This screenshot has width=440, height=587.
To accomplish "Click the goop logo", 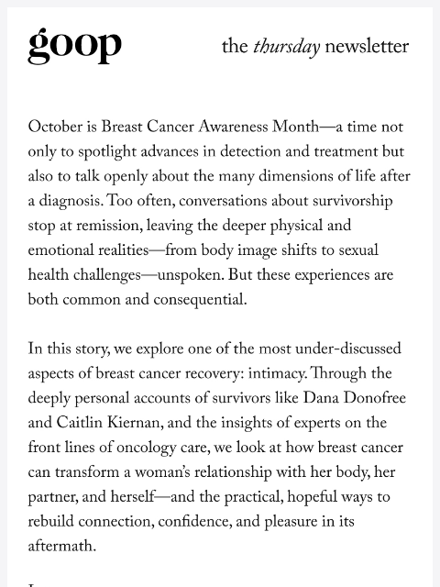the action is (74, 45).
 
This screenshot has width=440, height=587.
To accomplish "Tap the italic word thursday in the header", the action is (286, 47).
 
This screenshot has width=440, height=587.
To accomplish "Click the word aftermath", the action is (60, 548).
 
